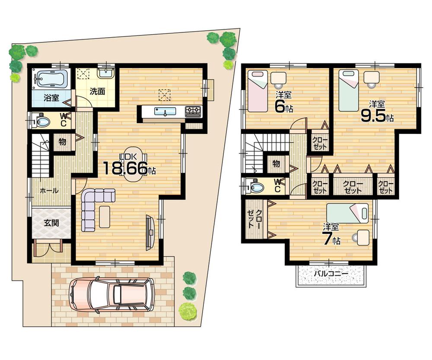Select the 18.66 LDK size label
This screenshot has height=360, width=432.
pos(125,169)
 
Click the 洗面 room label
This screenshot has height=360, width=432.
pos(98,92)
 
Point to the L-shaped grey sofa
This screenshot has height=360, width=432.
pos(93,207)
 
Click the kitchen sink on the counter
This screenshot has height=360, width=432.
pos(165,112)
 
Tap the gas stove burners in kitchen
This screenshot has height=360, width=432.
pos(193,112)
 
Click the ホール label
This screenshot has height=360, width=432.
pos(49,191)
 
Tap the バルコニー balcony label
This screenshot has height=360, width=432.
pos(331,274)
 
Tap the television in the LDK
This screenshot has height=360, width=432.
pos(149,232)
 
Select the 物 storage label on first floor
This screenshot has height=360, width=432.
pos(62,142)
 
